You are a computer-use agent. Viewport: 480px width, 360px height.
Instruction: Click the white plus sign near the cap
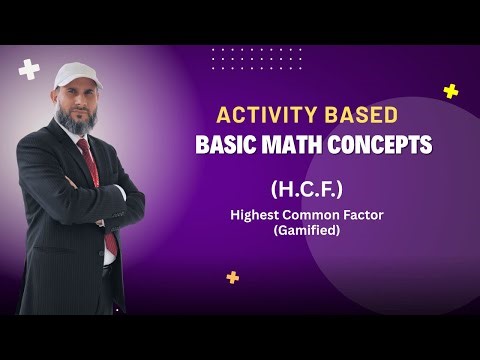pyautogui.click(x=29, y=70)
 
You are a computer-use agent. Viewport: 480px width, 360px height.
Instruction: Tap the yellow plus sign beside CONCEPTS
pyautogui.click(x=451, y=91)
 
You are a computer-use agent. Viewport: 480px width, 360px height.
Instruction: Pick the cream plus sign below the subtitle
pyautogui.click(x=233, y=277)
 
